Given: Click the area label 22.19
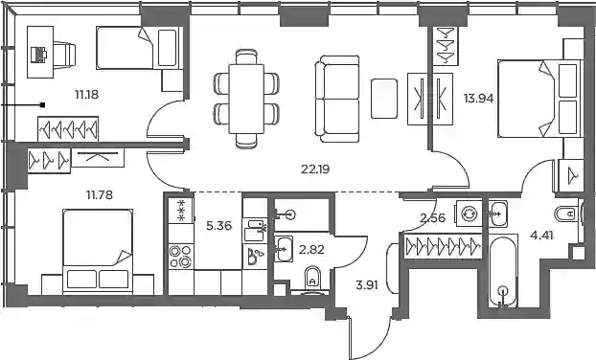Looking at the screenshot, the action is (315, 169).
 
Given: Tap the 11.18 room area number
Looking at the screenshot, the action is (86, 94).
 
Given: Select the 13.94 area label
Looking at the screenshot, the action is (478, 99).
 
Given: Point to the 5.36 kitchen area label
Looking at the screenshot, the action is (218, 226).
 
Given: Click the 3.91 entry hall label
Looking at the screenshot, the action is (367, 284).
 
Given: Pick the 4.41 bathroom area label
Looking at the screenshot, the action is (541, 236).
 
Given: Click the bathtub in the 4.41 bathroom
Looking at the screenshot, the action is (503, 272).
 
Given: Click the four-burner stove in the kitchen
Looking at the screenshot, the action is (181, 257).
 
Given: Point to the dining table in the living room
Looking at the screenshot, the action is (246, 99).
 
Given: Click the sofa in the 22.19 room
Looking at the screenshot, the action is (337, 99).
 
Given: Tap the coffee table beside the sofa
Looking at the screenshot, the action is (384, 99).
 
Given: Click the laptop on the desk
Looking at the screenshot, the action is (38, 55).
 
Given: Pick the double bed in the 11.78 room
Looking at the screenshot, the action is (98, 251).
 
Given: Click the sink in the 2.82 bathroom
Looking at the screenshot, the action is (284, 249).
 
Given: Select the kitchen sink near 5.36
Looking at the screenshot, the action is (254, 230).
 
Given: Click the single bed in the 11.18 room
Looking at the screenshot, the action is (137, 48).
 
